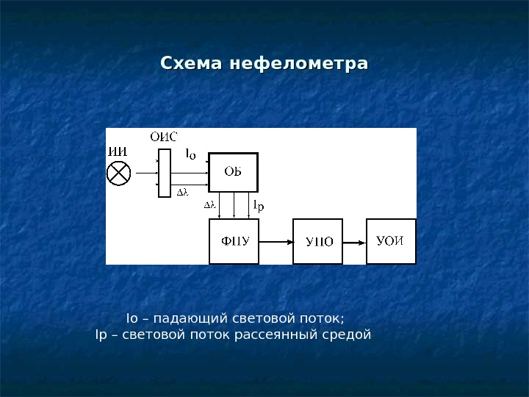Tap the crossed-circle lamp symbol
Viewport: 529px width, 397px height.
(119, 174)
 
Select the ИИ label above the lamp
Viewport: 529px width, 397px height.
(118, 152)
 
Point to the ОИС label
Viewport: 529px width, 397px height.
(163, 136)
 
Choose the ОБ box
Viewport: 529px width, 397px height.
(234, 172)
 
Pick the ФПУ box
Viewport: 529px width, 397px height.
(234, 240)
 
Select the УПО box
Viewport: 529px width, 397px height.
(318, 240)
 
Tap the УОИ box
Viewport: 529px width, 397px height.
(391, 240)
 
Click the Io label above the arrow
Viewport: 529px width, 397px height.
(190, 154)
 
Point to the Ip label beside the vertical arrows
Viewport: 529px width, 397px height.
(258, 207)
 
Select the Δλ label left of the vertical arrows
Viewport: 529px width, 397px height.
(209, 206)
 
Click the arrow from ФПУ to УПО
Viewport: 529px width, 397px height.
(276, 241)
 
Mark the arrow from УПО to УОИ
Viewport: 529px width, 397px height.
(355, 241)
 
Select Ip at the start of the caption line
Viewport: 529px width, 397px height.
(101, 335)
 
